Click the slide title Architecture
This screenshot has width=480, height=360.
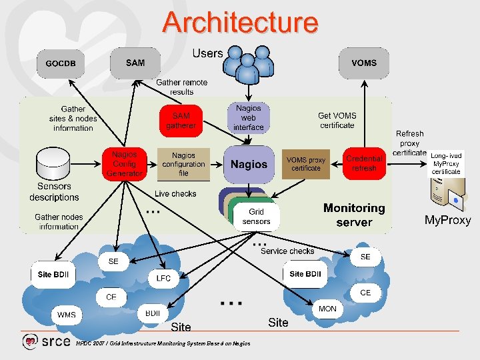[240, 22]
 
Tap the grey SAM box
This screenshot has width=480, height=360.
[135, 63]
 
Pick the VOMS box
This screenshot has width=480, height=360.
[363, 63]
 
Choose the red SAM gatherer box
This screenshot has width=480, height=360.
[181, 121]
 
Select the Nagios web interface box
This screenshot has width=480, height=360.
[249, 117]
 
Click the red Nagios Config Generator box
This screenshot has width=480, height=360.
[124, 164]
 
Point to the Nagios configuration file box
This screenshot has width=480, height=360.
[183, 164]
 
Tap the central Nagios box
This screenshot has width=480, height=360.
[249, 164]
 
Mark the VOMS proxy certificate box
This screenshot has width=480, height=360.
[306, 164]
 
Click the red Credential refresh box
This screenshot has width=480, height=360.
[364, 164]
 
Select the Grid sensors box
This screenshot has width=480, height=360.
[257, 217]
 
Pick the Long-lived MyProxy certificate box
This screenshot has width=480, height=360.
[446, 163]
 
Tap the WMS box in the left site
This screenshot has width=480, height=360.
[67, 315]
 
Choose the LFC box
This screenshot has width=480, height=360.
[163, 278]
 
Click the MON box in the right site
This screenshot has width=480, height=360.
[327, 309]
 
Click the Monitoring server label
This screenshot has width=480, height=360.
[354, 215]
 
